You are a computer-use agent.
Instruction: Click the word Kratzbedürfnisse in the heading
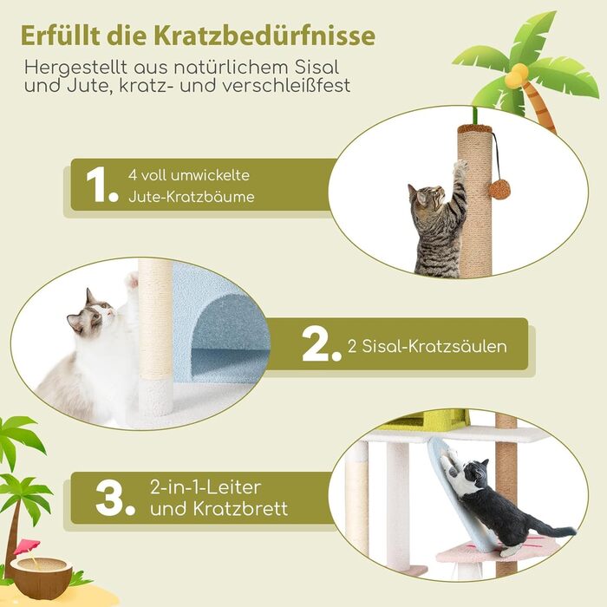[x=264, y=36]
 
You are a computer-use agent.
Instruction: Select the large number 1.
[x=101, y=185]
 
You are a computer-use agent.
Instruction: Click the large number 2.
[x=322, y=344]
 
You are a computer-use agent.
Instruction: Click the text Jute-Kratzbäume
[x=192, y=197]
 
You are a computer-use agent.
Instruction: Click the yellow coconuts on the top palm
[x=516, y=75]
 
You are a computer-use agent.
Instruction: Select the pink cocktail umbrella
[x=27, y=546]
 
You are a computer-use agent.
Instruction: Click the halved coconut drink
[x=41, y=575]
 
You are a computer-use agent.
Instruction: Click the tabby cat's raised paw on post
[x=460, y=166]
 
